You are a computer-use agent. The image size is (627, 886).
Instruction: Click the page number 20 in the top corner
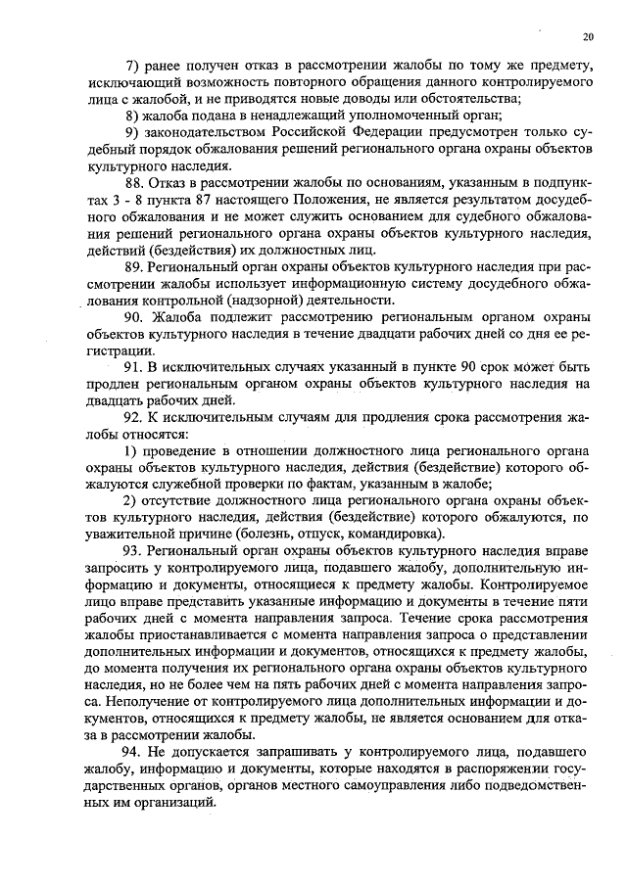point(587,37)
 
